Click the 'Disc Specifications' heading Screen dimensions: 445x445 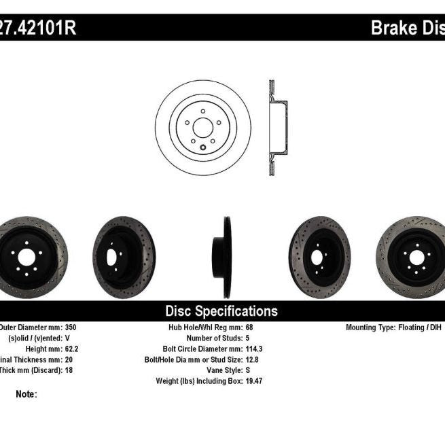[221, 311]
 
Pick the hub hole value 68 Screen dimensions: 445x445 [249, 327]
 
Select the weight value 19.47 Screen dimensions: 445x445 [254, 381]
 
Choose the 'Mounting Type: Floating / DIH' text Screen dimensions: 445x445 [394, 327]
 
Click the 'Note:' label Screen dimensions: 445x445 [26, 394]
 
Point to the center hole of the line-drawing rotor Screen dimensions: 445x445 [202, 126]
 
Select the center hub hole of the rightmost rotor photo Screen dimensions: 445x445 [414, 257]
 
